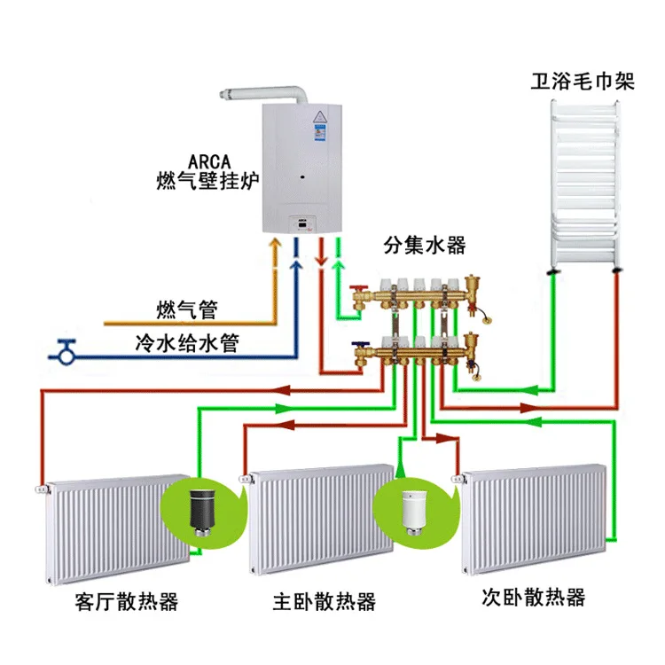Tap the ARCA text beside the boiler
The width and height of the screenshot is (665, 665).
[210, 162]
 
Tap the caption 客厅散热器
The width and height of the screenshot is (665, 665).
[128, 602]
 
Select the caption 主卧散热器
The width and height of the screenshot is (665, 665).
[325, 602]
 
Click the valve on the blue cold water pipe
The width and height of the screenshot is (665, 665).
[65, 351]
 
